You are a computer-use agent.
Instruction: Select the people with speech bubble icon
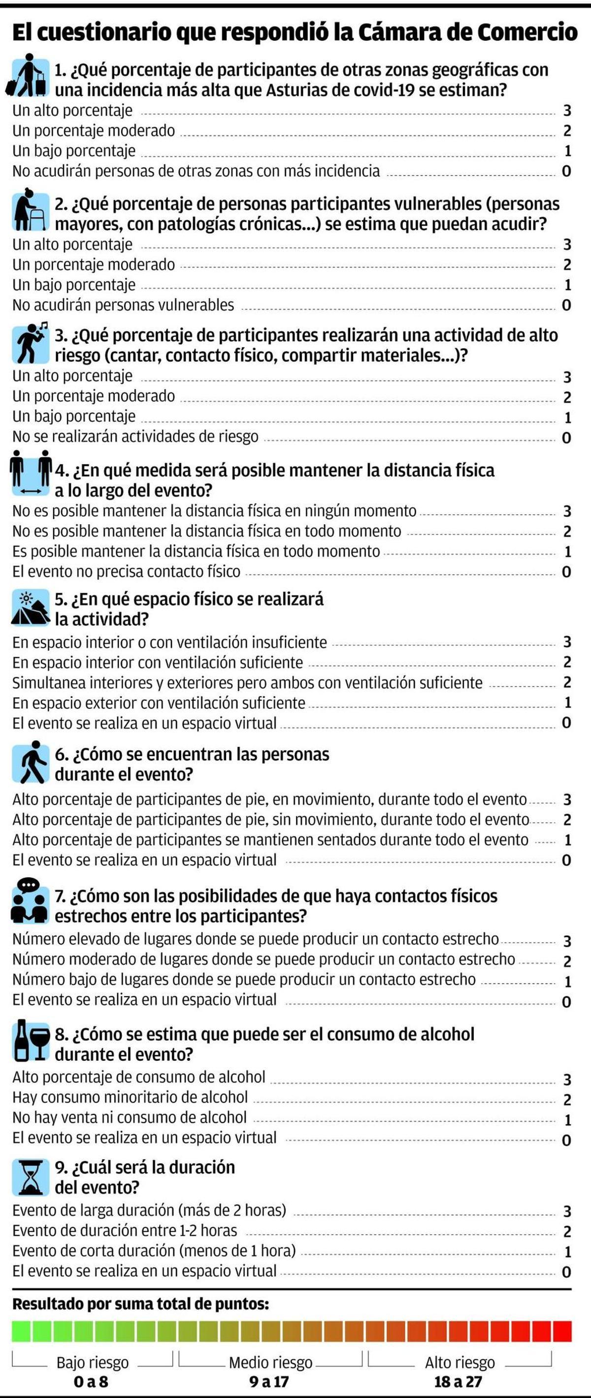30,901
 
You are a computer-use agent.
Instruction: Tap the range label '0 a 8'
91,1381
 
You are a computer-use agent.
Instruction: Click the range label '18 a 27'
458,1381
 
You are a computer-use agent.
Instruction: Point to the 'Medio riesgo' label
270,1362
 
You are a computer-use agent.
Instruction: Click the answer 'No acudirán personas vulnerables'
123,305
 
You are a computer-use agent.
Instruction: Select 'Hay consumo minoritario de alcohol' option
131,1097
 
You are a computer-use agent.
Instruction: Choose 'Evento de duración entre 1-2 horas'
125,1230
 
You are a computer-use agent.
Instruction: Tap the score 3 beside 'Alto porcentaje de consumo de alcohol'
567,1079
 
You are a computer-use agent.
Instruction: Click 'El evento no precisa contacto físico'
127,572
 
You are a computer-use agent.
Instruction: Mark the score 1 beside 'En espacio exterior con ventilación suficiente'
567,703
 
